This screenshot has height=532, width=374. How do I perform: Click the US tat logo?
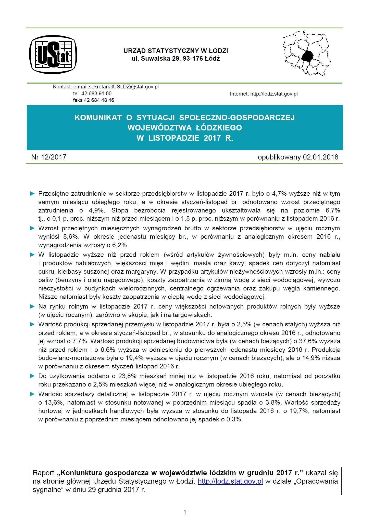point(53,55)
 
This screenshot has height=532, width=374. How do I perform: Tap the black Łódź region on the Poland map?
point(308,56)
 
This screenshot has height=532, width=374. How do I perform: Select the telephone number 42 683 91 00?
point(96,94)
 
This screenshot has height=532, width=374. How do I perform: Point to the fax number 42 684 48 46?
point(99,100)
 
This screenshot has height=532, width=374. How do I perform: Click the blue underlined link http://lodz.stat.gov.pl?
point(230,481)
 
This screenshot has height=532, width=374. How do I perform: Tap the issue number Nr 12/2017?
point(49,157)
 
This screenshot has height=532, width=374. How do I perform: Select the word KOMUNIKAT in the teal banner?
point(98,117)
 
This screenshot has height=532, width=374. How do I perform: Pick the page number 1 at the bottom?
point(185,512)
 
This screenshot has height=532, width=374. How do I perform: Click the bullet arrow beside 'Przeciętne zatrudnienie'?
point(32,194)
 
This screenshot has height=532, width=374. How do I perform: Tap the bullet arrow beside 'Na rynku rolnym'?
point(32,307)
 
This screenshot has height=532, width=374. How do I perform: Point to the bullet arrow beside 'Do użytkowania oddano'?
point(32,376)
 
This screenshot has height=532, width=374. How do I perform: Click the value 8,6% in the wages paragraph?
point(71,237)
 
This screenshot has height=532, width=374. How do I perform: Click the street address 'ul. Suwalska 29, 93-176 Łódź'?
point(176,59)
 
